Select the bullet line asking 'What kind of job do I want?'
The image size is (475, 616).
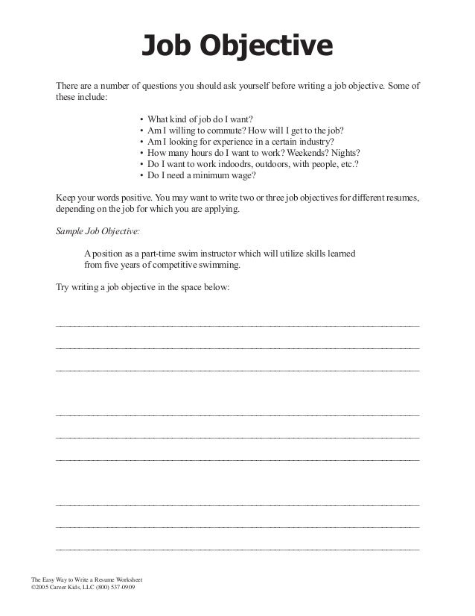tap(201, 119)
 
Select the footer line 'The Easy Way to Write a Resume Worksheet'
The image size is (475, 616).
tap(86, 579)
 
